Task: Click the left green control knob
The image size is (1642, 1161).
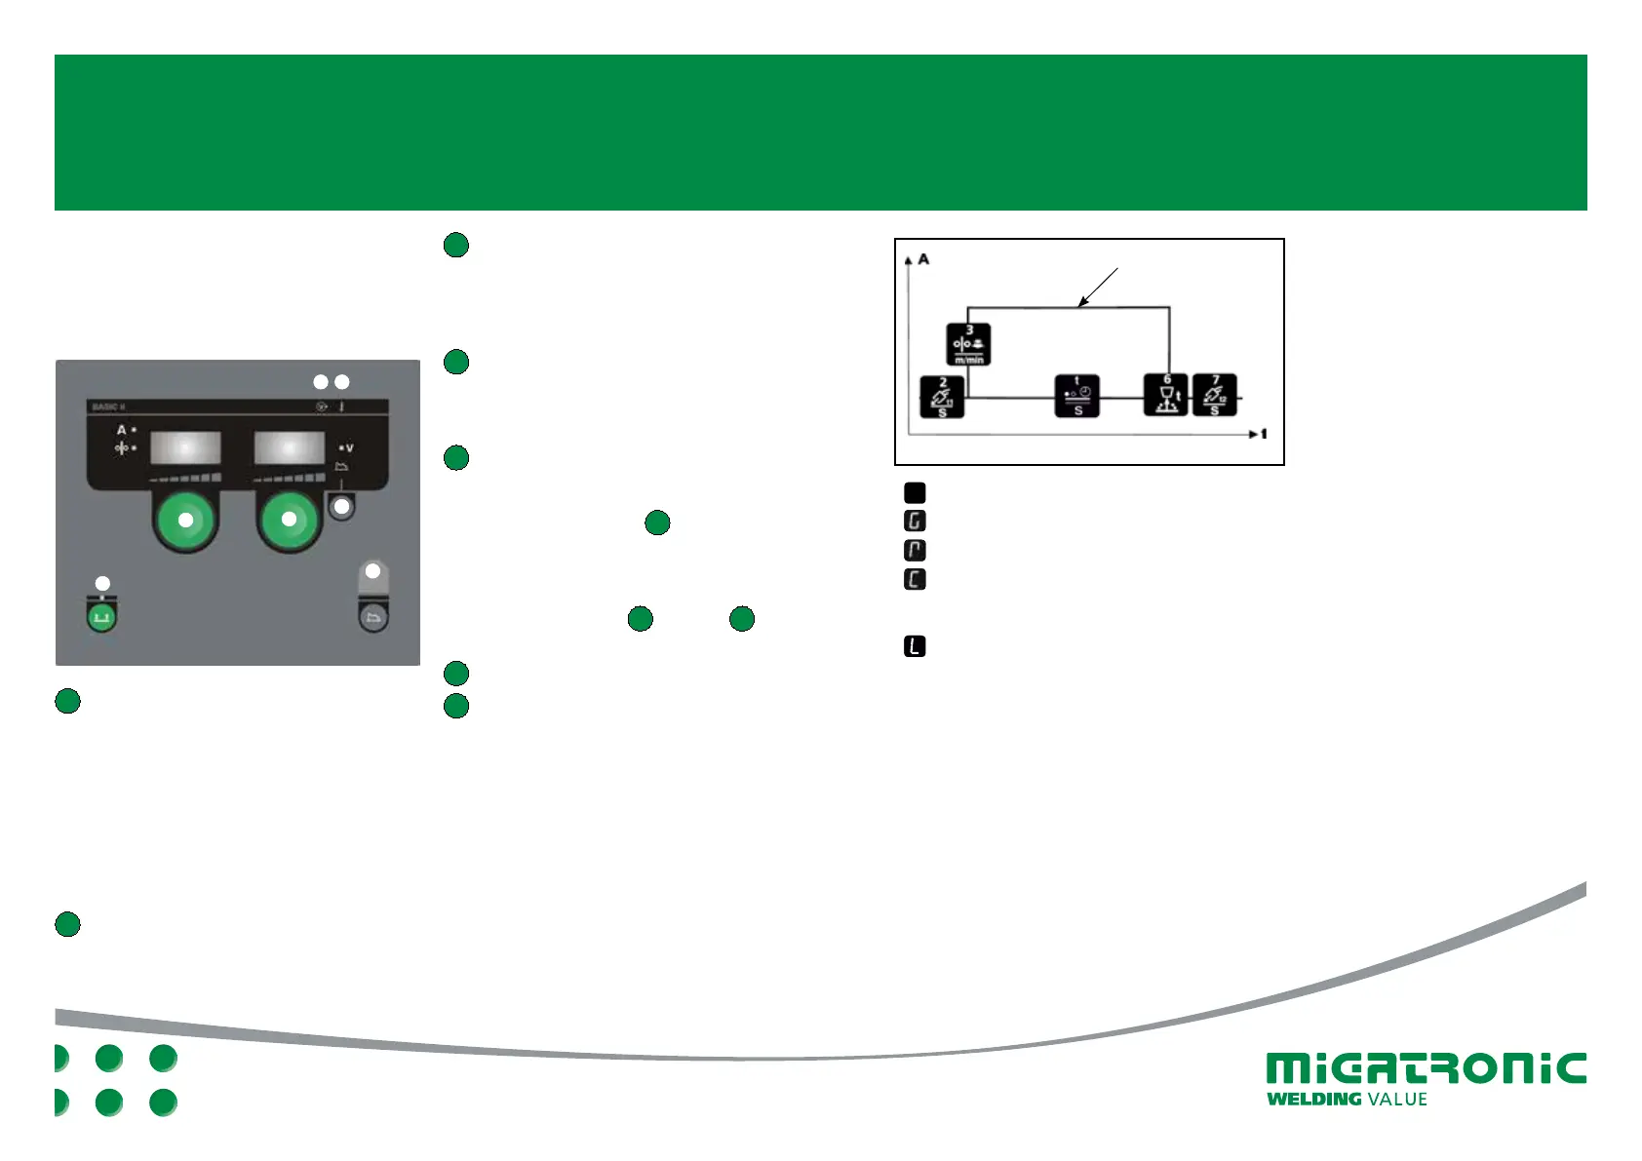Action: pos(185,520)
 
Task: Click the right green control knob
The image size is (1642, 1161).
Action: pos(289,520)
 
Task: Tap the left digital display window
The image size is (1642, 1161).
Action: pos(185,448)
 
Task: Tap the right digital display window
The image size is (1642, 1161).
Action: pos(289,448)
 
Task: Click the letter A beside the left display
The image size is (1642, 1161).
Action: pos(122,430)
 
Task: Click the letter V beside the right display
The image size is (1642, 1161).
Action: pos(348,448)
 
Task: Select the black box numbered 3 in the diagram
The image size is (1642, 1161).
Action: pos(968,344)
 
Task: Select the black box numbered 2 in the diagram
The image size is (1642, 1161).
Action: pos(942,397)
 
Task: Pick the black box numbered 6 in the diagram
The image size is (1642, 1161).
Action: pos(1166,395)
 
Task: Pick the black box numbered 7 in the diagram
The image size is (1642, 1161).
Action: pos(1215,395)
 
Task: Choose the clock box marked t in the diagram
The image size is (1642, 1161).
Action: pos(1077,396)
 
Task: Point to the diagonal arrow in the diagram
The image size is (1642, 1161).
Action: pos(1098,287)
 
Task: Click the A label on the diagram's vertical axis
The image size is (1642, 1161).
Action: pos(923,259)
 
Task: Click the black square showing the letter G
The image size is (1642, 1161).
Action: pos(915,522)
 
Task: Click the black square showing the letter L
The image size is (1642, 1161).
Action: pos(915,646)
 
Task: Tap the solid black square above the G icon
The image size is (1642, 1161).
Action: pos(915,492)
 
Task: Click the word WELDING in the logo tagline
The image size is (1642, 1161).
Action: pos(1313,1100)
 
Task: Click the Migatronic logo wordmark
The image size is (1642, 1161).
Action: pos(1426,1068)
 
